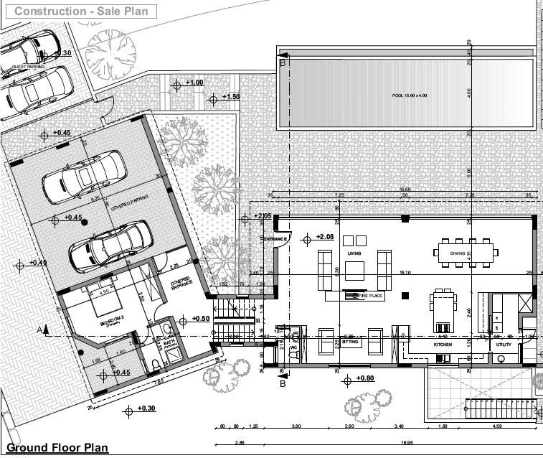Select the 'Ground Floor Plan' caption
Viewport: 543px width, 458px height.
[x=57, y=448]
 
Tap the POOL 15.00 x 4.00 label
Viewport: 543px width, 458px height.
[x=410, y=95]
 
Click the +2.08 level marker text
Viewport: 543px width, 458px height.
[x=324, y=237]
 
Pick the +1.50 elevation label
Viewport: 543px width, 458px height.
[x=230, y=97]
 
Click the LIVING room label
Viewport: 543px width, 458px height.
[x=354, y=253]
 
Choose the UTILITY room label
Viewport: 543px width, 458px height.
[x=504, y=345]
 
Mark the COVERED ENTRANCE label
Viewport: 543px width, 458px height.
[x=181, y=283]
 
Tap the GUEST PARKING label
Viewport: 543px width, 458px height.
[x=28, y=66]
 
